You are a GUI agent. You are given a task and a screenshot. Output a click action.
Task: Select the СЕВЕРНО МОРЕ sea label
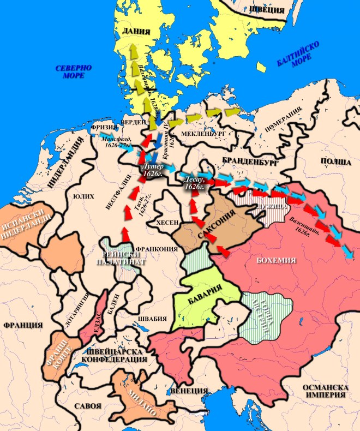coord(74,71)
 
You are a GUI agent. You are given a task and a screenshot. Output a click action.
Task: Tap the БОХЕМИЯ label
coord(275,261)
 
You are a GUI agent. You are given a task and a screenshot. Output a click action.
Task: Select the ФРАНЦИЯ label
coord(23,325)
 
